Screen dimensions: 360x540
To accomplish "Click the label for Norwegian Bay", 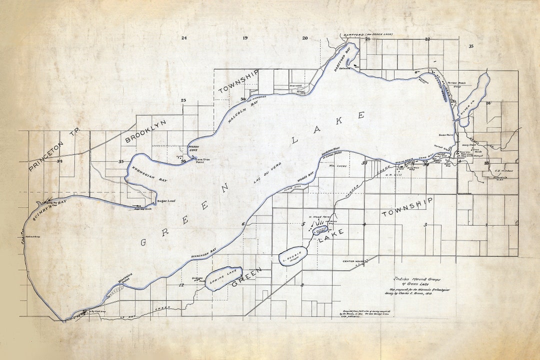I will tap(149, 169).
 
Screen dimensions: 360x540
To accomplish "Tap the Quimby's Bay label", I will tap(50, 207).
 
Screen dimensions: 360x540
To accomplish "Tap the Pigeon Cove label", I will tap(193, 148).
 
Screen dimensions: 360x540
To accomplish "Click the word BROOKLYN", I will tap(145, 131).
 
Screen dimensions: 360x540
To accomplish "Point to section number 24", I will tap(184, 38).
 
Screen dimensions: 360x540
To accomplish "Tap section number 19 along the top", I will tap(245, 38).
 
